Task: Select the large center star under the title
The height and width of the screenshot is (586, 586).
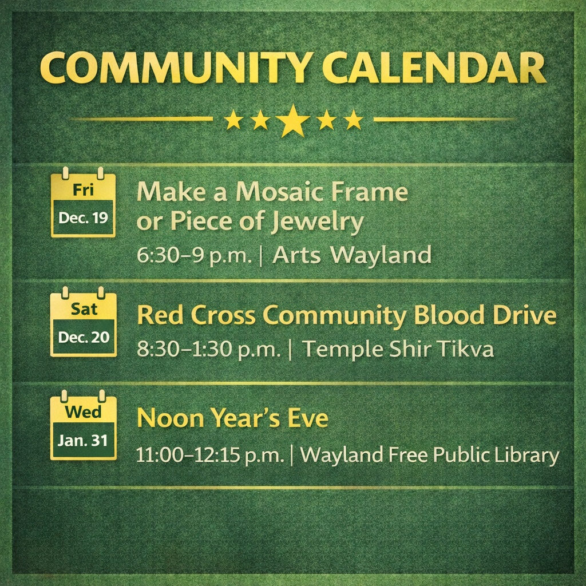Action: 293,120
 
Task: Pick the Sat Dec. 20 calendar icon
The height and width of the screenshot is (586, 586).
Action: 83,322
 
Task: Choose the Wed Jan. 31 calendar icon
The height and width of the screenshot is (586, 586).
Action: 83,425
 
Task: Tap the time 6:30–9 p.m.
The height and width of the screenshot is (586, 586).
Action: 194,256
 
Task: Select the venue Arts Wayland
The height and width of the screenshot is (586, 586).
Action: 352,256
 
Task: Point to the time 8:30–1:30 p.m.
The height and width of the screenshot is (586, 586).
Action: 208,349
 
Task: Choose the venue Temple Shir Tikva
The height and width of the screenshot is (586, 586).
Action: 398,349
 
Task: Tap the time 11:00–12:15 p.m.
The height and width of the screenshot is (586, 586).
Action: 209,455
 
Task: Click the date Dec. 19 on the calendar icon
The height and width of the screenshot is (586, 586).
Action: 83,217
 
